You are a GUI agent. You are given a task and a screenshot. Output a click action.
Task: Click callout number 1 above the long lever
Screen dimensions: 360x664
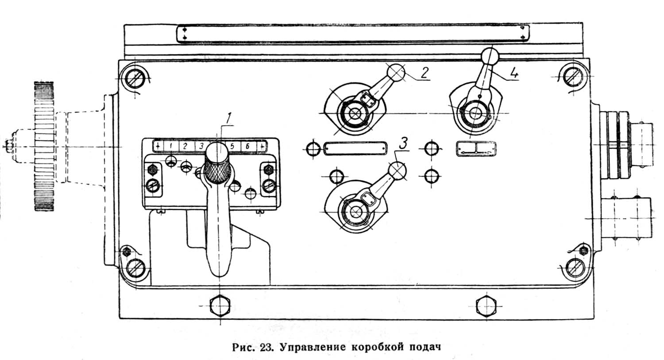(228, 118)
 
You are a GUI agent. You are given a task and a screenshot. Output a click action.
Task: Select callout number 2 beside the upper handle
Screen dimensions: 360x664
(424, 72)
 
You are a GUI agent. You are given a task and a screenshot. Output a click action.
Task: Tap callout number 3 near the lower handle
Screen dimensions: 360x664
(403, 143)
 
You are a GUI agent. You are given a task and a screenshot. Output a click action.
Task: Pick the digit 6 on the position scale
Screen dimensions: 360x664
(247, 146)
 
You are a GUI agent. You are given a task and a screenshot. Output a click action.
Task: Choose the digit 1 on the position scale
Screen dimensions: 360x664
(171, 146)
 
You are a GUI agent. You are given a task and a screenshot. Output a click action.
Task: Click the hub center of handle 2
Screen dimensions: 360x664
(354, 113)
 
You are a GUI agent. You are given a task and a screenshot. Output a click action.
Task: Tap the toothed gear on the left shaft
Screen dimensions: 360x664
(44, 146)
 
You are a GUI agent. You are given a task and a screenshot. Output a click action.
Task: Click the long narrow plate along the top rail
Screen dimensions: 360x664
(352, 34)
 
